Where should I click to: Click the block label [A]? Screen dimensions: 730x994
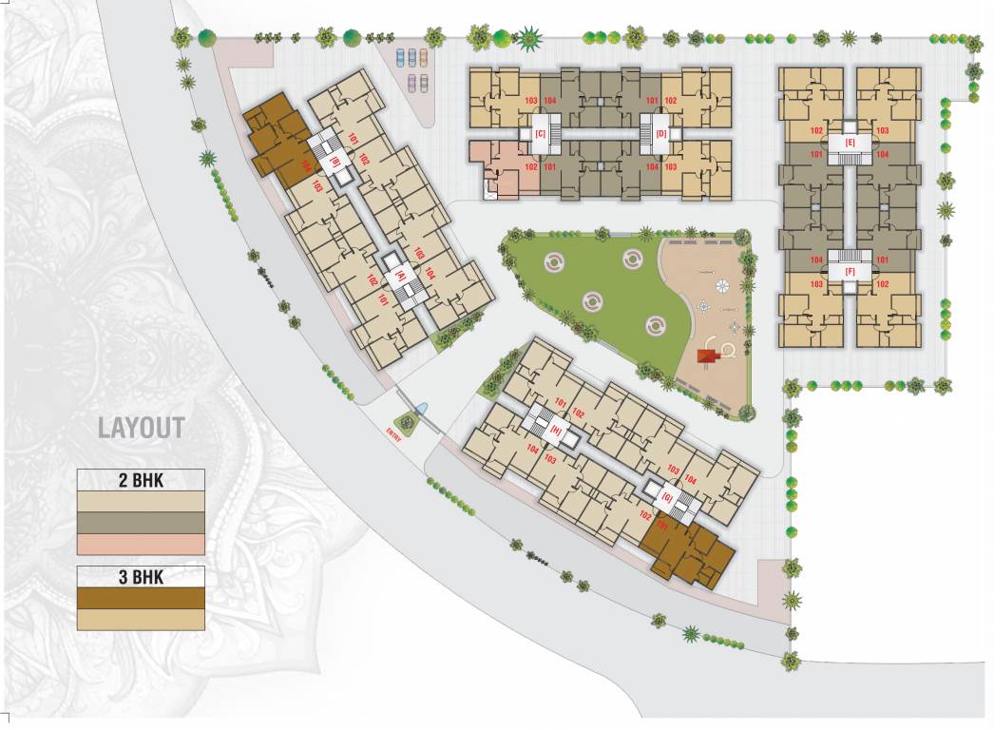coord(401,276)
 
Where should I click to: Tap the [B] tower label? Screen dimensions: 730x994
coord(335,163)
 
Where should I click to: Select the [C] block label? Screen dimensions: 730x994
coord(540,134)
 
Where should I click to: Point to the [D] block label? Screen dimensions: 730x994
coord(661,134)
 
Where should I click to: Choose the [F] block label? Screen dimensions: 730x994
coord(851,272)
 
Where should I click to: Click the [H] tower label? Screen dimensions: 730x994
coord(556,429)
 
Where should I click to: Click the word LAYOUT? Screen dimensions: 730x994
coord(141,428)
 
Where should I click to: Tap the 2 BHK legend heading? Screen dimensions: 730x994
coord(141,481)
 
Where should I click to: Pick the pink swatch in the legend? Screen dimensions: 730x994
coord(141,544)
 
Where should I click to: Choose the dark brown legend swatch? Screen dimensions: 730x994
coord(141,597)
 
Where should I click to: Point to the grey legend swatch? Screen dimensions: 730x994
coord(141,522)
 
